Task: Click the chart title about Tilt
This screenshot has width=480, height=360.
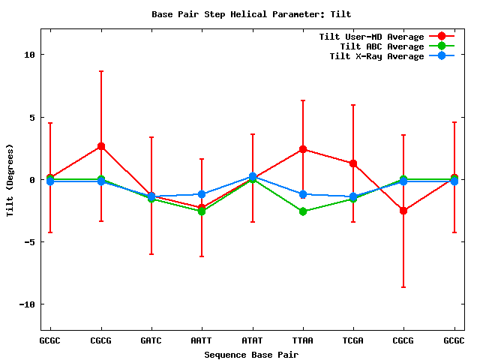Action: (x=250, y=14)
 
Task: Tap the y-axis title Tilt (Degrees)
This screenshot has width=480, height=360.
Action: (x=10, y=179)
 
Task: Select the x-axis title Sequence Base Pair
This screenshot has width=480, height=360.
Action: (x=250, y=354)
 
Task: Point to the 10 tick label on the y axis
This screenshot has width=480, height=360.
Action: (x=29, y=55)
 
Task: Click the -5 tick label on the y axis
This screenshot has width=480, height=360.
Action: (x=29, y=242)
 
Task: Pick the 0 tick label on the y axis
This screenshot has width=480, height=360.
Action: (x=32, y=180)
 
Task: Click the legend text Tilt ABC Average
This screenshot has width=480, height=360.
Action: (x=382, y=46)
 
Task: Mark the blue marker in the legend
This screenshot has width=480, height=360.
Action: (x=442, y=56)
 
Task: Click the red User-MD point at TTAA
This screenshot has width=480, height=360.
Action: (x=302, y=149)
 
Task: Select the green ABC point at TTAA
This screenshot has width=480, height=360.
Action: (x=302, y=211)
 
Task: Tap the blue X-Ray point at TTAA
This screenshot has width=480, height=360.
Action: (x=302, y=194)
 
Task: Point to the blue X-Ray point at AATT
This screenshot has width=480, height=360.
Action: (x=202, y=194)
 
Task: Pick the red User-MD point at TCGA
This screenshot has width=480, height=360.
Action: (x=352, y=163)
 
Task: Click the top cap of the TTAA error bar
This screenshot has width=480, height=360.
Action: (x=302, y=100)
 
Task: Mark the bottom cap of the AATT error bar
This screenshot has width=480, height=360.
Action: (x=202, y=256)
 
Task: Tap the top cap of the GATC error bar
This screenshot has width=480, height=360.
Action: (x=151, y=137)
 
